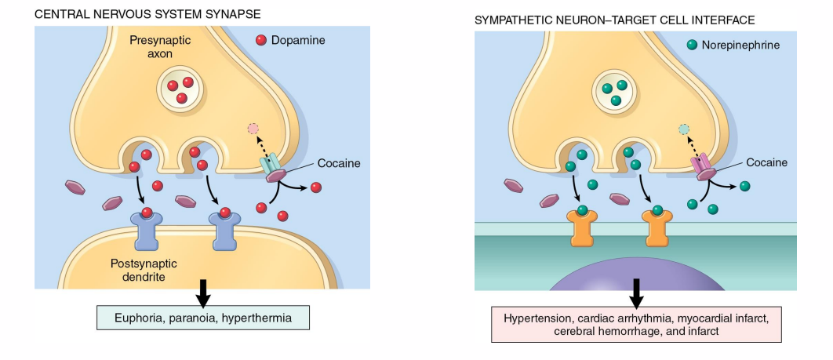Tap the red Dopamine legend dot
(x=261, y=40)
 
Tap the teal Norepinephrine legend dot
(x=692, y=45)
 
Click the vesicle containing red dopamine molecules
(x=181, y=89)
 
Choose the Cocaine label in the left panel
(x=339, y=163)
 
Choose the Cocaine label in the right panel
(x=766, y=162)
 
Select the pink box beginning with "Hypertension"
(x=637, y=325)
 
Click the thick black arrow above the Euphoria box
(x=202, y=291)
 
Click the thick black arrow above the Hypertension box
(x=637, y=293)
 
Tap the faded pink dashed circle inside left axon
(x=253, y=129)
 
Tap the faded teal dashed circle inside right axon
(x=684, y=129)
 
